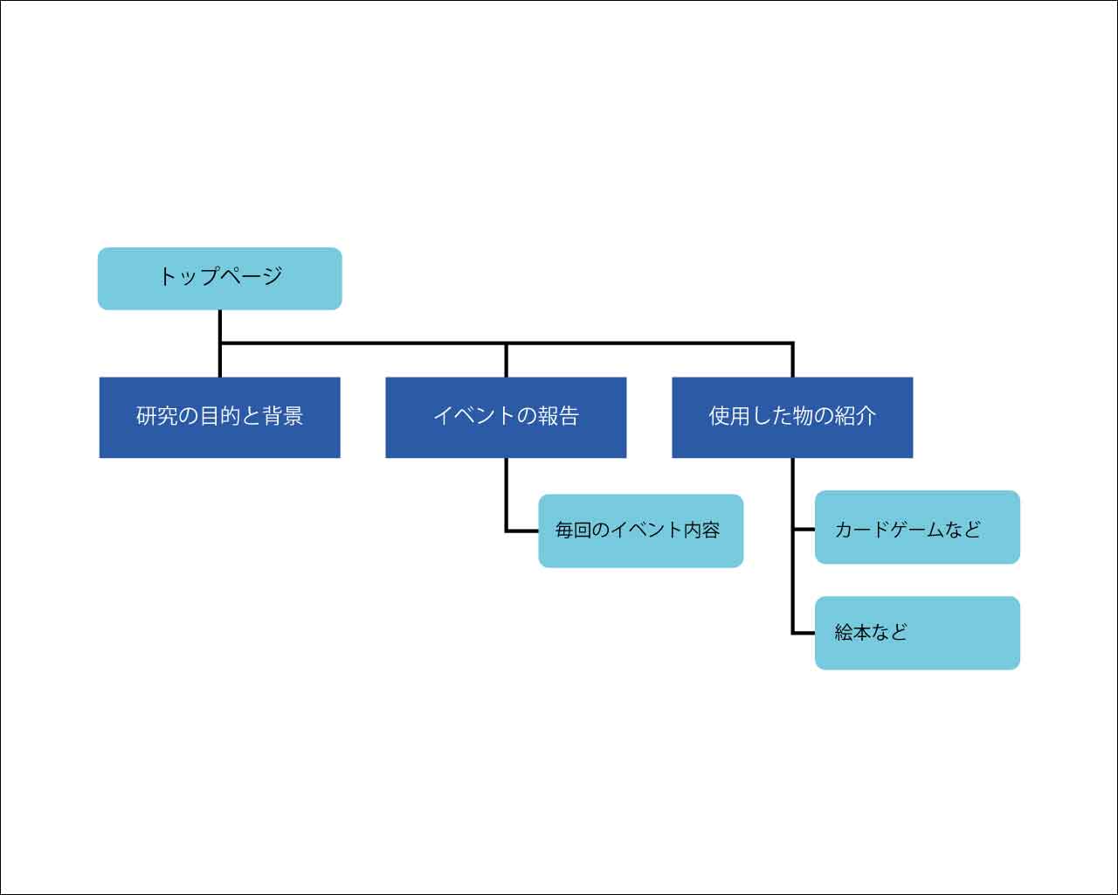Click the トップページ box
pyautogui.click(x=220, y=279)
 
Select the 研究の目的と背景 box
pyautogui.click(x=220, y=418)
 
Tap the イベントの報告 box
pyautogui.click(x=506, y=418)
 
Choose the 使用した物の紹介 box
pyautogui.click(x=792, y=418)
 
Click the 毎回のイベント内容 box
pyautogui.click(x=640, y=531)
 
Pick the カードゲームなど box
pyautogui.click(x=917, y=527)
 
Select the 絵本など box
pyautogui.click(x=917, y=634)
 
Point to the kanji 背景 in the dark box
pyautogui.click(x=282, y=416)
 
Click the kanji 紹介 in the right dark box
pyautogui.click(x=855, y=416)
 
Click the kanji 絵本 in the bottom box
pyautogui.click(x=852, y=633)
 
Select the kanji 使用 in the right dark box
pyautogui.click(x=729, y=416)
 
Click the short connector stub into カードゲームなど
pyautogui.click(x=804, y=530)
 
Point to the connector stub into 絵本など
pyautogui.click(x=804, y=634)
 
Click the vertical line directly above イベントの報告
pyautogui.click(x=506, y=360)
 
